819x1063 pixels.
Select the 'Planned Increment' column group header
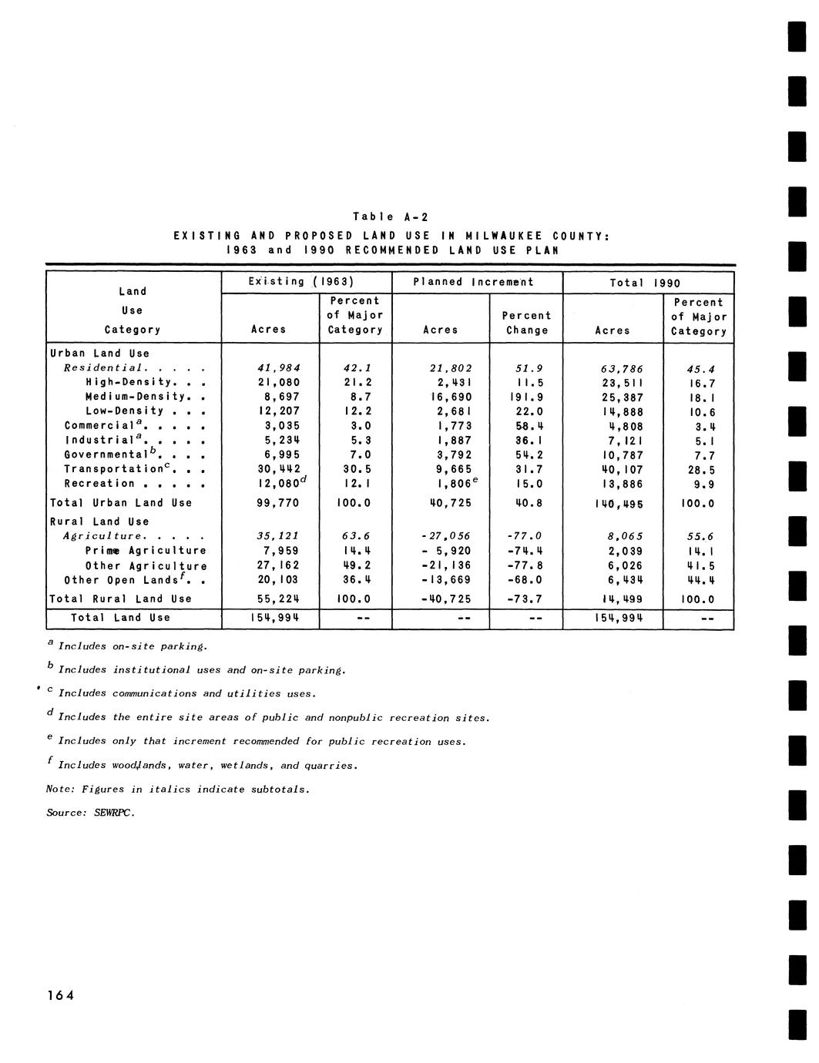[x=473, y=282]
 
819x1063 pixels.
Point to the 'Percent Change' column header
[x=527, y=323]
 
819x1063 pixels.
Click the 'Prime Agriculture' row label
[x=146, y=551]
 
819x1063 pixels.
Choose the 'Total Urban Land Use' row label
[x=121, y=503]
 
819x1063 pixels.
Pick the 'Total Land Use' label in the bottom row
[x=120, y=618]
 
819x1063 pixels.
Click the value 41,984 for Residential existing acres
[x=278, y=368]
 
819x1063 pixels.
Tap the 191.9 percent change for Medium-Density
[x=529, y=397]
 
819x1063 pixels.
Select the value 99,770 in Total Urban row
[x=277, y=503]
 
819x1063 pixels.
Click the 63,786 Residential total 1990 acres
[x=622, y=369]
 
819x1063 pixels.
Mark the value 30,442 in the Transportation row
[x=276, y=469]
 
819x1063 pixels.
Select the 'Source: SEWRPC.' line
[x=90, y=813]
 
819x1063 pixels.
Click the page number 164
[x=60, y=994]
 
